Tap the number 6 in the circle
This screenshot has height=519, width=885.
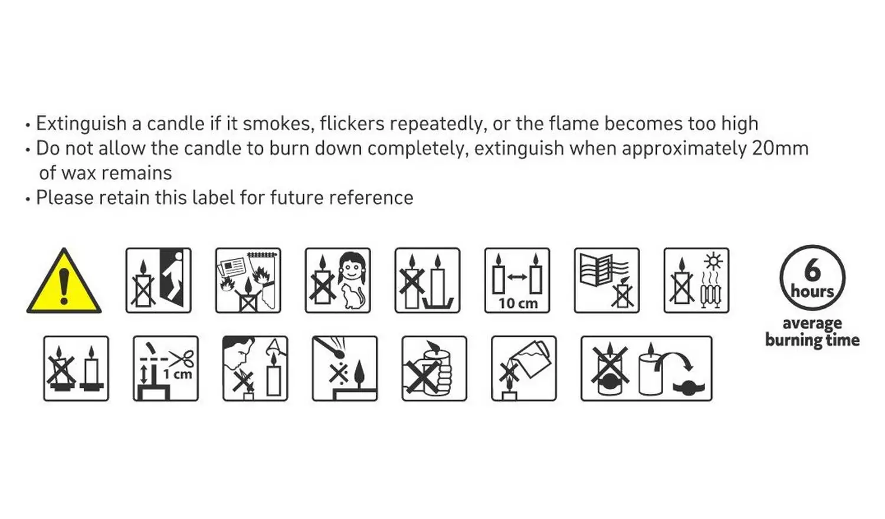coord(812,270)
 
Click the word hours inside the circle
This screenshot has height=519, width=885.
coord(812,291)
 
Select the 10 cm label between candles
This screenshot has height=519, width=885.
coord(518,303)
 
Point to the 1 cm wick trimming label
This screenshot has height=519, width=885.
coord(178,374)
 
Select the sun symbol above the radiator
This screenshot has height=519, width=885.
coord(713,262)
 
